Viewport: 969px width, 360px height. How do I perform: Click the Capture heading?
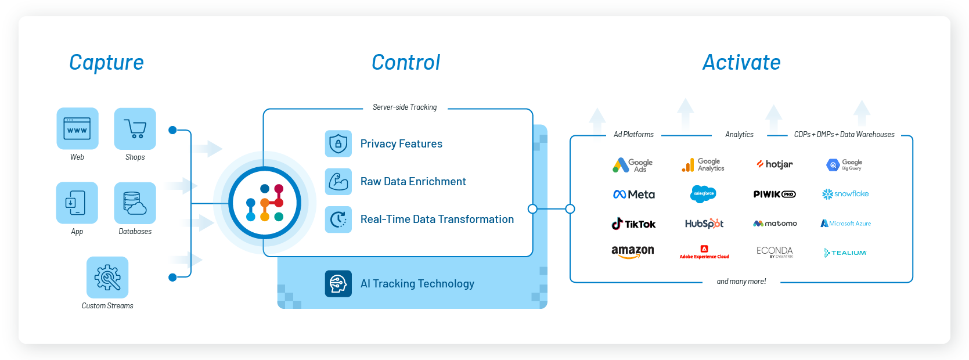point(106,63)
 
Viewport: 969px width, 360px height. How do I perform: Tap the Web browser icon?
point(77,128)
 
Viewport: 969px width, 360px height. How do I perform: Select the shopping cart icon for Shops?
point(135,128)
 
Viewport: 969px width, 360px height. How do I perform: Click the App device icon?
point(77,203)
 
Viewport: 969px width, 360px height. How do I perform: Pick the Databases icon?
point(135,203)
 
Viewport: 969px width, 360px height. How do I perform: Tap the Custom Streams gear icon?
point(107,277)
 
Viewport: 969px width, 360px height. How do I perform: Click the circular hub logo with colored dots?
point(265,203)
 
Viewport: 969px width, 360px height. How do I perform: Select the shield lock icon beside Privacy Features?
point(338,143)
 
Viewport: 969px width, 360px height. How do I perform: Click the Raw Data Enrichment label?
point(413,182)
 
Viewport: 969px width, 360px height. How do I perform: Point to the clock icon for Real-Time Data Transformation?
point(338,219)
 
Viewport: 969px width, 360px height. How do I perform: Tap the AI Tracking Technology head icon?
point(338,283)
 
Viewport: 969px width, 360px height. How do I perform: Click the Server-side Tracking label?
point(405,107)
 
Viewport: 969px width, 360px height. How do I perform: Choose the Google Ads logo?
point(632,165)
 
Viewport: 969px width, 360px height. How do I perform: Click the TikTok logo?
point(633,224)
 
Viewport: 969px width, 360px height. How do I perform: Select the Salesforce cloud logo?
point(703,194)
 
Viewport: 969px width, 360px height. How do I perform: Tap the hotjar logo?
point(775,164)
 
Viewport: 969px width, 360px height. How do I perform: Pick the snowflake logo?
point(845,194)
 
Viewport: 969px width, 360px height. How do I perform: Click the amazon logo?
point(632,251)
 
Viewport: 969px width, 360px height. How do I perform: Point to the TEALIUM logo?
point(845,253)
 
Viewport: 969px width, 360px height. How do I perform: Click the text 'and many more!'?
point(741,282)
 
